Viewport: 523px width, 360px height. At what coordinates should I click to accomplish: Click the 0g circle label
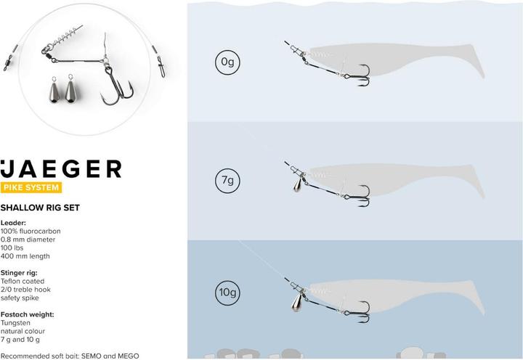(226, 63)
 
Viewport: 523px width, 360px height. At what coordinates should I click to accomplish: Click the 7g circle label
(226, 179)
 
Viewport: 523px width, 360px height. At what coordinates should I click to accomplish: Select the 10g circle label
(226, 292)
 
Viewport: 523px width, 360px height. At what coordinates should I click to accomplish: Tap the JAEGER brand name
(61, 169)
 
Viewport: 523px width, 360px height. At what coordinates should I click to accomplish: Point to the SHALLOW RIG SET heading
(50, 208)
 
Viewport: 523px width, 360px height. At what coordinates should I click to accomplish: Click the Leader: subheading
(15, 223)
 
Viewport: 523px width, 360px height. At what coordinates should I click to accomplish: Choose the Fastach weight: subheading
(28, 314)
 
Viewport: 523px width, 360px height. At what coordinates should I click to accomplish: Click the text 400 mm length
(25, 256)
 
